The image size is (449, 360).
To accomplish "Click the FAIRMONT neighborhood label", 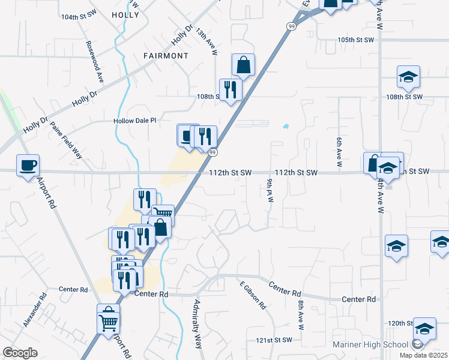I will (x=166, y=56).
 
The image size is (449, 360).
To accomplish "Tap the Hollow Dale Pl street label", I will (x=135, y=121).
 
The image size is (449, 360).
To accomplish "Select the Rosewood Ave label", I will (x=95, y=62).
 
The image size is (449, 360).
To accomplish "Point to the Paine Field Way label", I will (x=66, y=139).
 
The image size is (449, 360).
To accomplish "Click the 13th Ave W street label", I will (x=205, y=41).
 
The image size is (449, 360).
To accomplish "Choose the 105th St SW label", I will (x=355, y=40).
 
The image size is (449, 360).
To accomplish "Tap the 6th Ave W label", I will (x=339, y=151).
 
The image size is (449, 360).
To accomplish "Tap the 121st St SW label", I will (x=274, y=340).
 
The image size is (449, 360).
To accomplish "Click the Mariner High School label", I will (x=371, y=345).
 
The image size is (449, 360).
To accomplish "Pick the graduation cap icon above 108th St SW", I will (x=408, y=77).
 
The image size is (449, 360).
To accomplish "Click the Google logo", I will (x=20, y=353).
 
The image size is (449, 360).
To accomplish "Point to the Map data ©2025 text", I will (x=423, y=355).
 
